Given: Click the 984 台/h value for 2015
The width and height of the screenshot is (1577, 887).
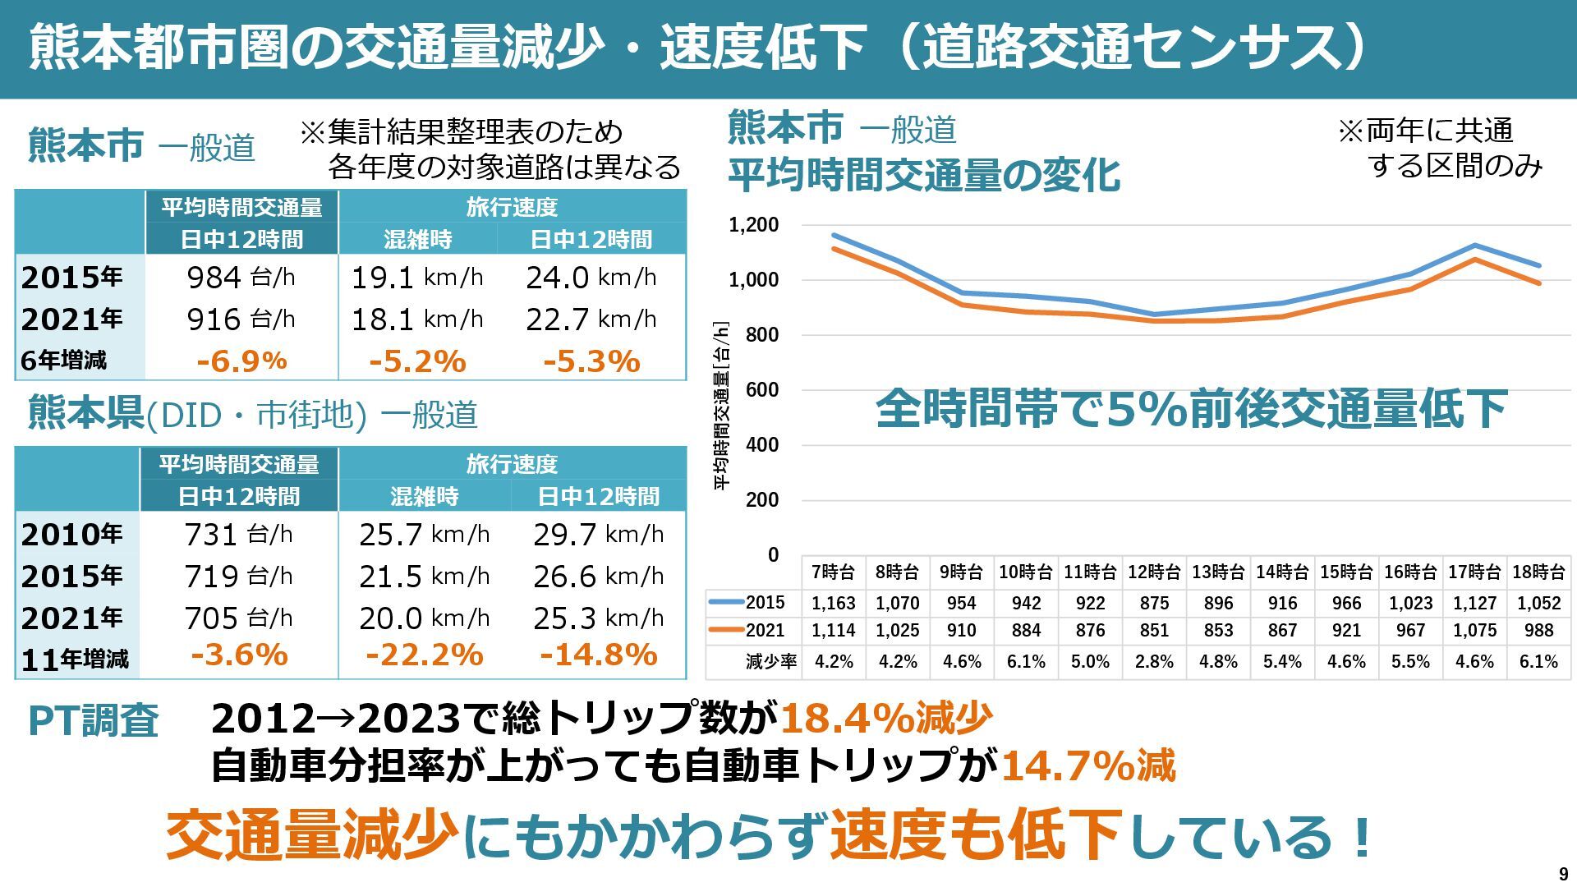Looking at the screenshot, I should (241, 278).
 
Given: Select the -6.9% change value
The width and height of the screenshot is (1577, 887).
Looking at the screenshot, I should (241, 361).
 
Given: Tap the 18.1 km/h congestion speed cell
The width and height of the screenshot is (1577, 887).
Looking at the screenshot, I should (417, 319).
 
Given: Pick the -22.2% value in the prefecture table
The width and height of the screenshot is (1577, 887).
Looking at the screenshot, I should (425, 655).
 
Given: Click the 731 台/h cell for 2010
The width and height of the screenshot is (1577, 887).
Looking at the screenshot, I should (238, 535).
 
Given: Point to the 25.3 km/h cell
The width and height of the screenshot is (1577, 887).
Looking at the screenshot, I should (598, 618).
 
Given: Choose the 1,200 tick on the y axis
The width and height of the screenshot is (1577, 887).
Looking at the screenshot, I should (753, 225).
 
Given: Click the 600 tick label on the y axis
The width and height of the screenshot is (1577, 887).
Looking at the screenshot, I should (761, 390).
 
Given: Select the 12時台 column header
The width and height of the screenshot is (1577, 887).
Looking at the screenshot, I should (1154, 572).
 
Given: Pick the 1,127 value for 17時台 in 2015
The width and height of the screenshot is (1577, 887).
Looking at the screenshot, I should (1474, 604).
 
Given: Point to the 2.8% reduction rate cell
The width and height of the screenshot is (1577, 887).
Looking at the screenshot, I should (1154, 662).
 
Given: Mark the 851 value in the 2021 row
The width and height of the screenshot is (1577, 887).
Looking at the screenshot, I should (1154, 631).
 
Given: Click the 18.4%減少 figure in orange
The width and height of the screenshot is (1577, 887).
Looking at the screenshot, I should (885, 718).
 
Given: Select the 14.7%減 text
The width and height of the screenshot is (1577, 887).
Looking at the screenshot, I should (1088, 765).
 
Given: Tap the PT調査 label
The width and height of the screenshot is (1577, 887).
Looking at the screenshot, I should (93, 721).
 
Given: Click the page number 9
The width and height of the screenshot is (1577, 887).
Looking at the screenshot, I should (1563, 875).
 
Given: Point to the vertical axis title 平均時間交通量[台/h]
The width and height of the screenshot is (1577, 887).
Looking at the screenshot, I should (721, 407).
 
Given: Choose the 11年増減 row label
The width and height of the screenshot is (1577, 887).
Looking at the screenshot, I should (76, 659).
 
